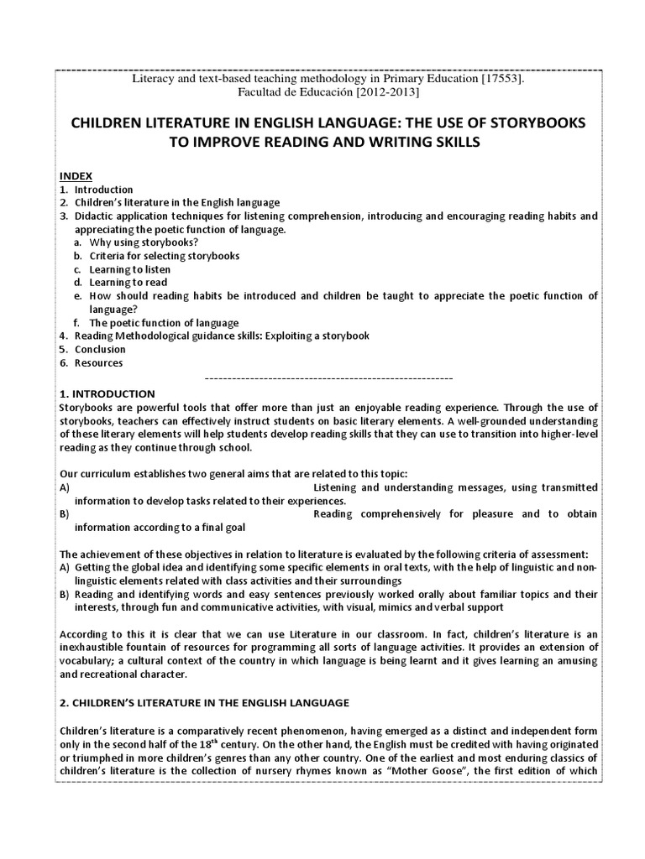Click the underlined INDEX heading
(72, 176)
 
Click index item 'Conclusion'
(100, 350)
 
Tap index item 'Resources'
(98, 363)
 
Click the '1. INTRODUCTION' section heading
(107, 393)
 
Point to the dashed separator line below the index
(328, 377)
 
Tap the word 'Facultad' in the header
(263, 92)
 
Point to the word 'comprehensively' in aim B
(394, 513)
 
